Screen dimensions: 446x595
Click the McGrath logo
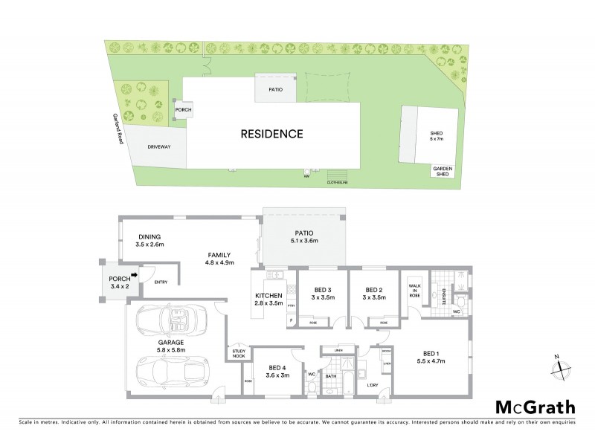(x=535, y=407)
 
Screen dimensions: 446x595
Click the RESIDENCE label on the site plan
(x=271, y=135)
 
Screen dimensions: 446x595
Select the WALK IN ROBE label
(x=414, y=290)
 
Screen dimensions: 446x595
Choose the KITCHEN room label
(x=266, y=300)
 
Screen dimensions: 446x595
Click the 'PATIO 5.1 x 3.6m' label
(x=303, y=236)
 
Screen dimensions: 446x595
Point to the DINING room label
(x=150, y=239)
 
